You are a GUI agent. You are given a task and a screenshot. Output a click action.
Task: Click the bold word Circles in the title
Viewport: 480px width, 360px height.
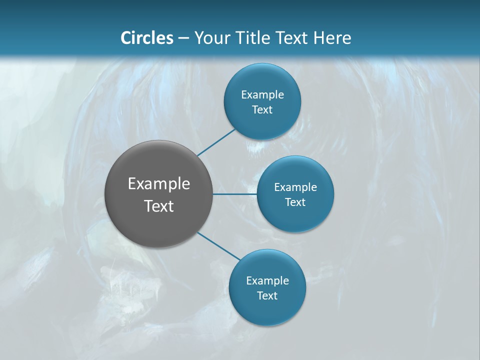(147, 38)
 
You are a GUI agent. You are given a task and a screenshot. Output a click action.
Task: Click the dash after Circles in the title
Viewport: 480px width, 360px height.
(183, 38)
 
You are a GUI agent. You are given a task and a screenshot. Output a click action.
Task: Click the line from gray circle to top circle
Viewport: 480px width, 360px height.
(216, 142)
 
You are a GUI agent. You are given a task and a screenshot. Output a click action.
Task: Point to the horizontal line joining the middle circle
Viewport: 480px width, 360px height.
(234, 194)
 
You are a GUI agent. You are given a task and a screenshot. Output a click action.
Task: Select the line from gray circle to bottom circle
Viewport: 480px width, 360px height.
(219, 246)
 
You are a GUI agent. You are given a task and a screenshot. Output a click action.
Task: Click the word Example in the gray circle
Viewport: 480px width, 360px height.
(159, 184)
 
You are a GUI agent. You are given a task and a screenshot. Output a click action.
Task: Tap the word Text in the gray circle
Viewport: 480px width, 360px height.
(159, 206)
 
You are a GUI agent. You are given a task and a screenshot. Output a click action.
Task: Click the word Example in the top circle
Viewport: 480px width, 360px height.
(262, 95)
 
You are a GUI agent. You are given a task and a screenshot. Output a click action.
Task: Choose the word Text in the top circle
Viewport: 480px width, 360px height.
(262, 110)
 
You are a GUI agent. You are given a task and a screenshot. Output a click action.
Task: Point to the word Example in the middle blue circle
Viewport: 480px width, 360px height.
(295, 187)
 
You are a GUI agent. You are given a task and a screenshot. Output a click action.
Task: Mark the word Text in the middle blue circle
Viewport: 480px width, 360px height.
(295, 202)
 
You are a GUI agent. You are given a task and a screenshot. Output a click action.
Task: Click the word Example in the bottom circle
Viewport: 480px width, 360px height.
(267, 281)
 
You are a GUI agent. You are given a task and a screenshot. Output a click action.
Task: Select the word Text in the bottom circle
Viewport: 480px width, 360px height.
(267, 296)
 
